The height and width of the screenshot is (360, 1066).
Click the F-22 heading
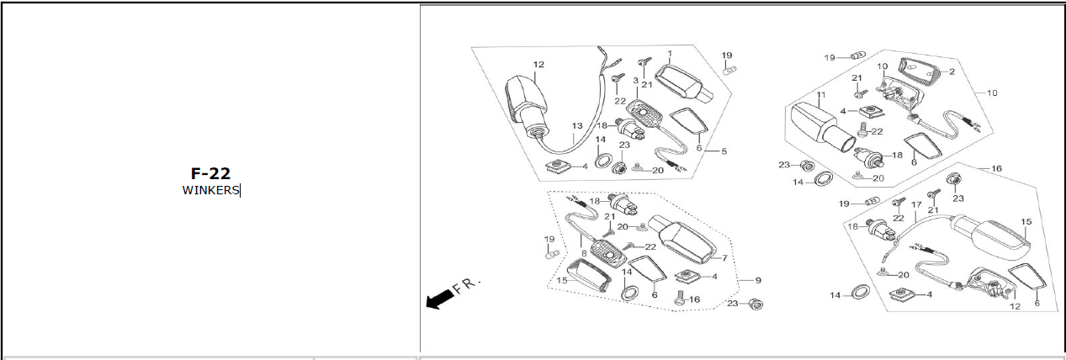210,173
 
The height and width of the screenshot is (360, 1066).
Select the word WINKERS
210,190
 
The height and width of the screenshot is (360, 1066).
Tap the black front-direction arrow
439,299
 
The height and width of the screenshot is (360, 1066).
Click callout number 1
670,54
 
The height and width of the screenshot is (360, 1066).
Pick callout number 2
952,71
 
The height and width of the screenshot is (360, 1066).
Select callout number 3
635,81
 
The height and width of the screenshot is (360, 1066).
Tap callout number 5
724,151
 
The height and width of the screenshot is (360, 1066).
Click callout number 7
724,257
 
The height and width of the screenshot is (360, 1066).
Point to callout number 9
758,280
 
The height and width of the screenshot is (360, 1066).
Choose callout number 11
821,95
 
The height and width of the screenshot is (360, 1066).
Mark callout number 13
577,126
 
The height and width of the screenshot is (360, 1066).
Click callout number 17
916,204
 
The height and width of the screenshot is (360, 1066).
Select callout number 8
584,253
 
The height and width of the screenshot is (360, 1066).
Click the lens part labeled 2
916,71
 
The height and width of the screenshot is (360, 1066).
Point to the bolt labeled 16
681,299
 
